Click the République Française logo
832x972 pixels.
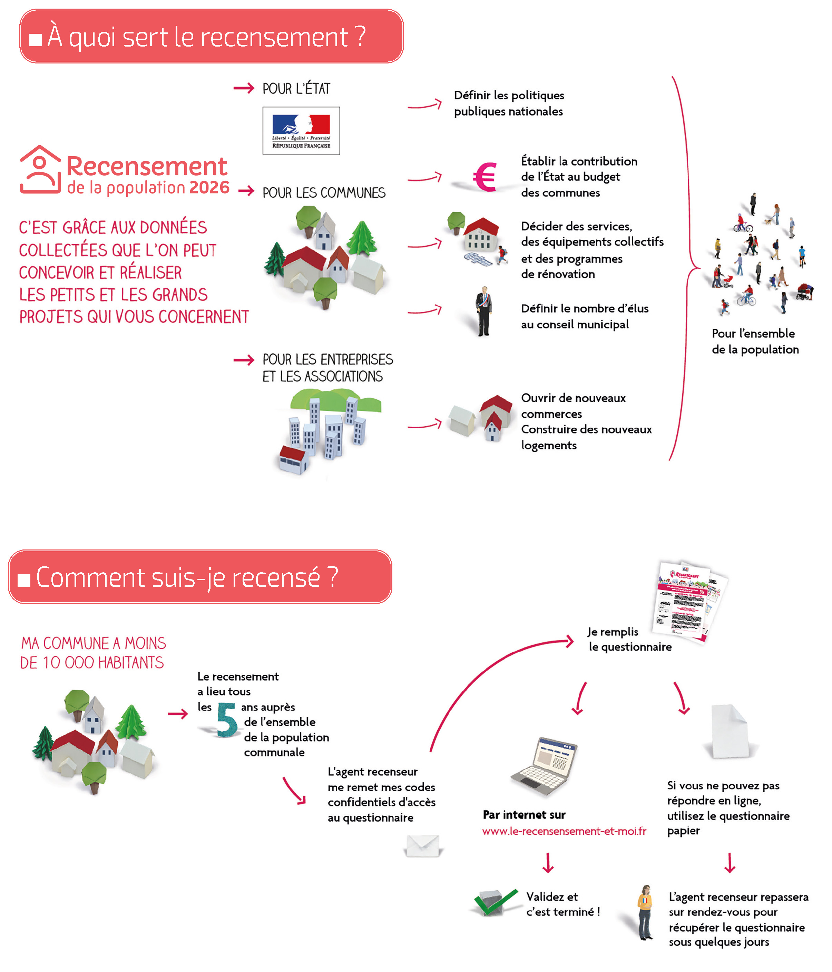(301, 130)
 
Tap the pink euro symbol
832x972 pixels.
(485, 177)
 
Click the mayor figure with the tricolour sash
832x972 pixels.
(483, 311)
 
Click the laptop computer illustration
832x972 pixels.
(545, 765)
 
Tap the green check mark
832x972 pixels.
(495, 902)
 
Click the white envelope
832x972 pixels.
(422, 846)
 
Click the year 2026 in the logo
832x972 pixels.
(209, 188)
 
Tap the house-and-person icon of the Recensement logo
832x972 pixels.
(40, 169)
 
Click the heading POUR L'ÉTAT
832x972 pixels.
(296, 89)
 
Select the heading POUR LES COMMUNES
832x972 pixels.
(324, 193)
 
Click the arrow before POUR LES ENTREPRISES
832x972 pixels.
(244, 360)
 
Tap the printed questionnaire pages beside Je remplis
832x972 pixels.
(690, 601)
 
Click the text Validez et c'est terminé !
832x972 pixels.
(562, 904)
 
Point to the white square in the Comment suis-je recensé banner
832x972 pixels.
(24, 580)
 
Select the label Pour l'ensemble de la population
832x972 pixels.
(755, 341)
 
